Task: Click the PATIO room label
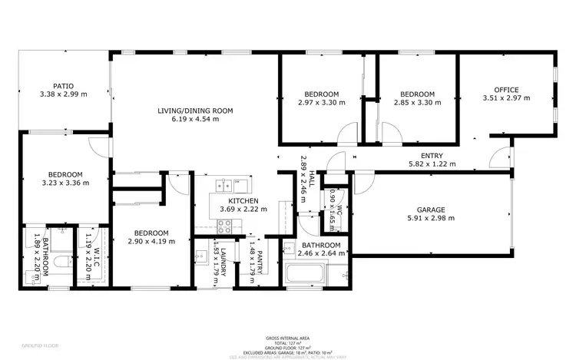[x=63, y=86]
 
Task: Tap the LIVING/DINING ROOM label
[x=195, y=111]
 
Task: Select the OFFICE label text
[x=506, y=90]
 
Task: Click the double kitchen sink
[x=225, y=185]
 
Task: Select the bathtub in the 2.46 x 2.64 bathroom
[x=306, y=273]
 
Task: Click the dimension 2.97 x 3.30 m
[x=321, y=102]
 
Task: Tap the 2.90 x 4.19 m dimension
[x=151, y=241]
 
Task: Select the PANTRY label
[x=260, y=261]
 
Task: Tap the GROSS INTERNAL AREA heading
[x=287, y=338]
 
